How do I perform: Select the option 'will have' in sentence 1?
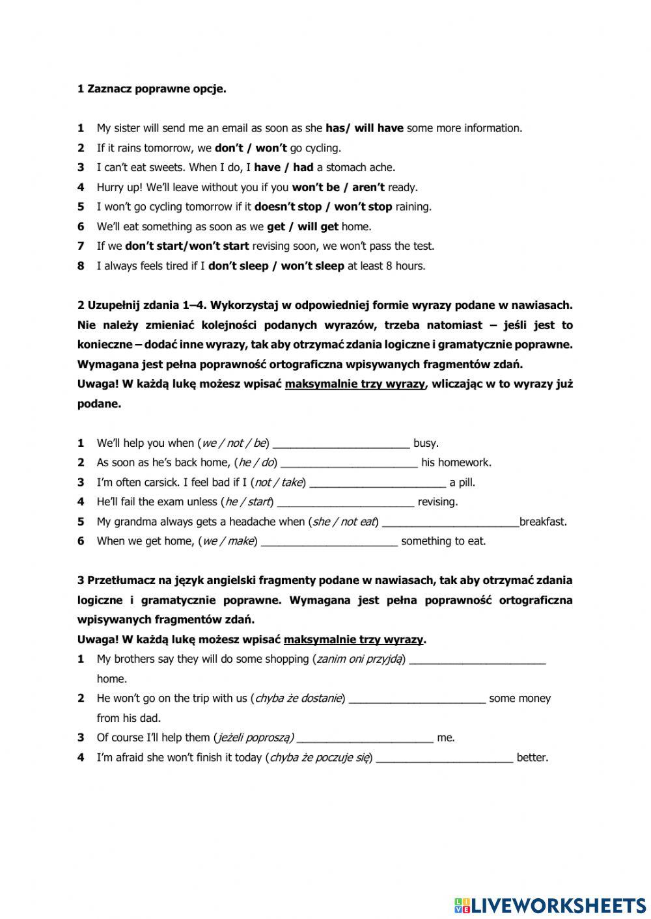click(379, 128)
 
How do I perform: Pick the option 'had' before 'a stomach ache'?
click(303, 167)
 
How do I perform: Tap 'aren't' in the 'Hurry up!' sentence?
click(368, 187)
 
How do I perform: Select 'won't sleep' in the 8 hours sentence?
click(312, 265)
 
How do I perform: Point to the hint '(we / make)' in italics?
click(228, 541)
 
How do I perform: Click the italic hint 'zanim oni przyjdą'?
click(359, 659)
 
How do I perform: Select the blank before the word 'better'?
click(445, 758)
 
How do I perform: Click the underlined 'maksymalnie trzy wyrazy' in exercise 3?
click(353, 639)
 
